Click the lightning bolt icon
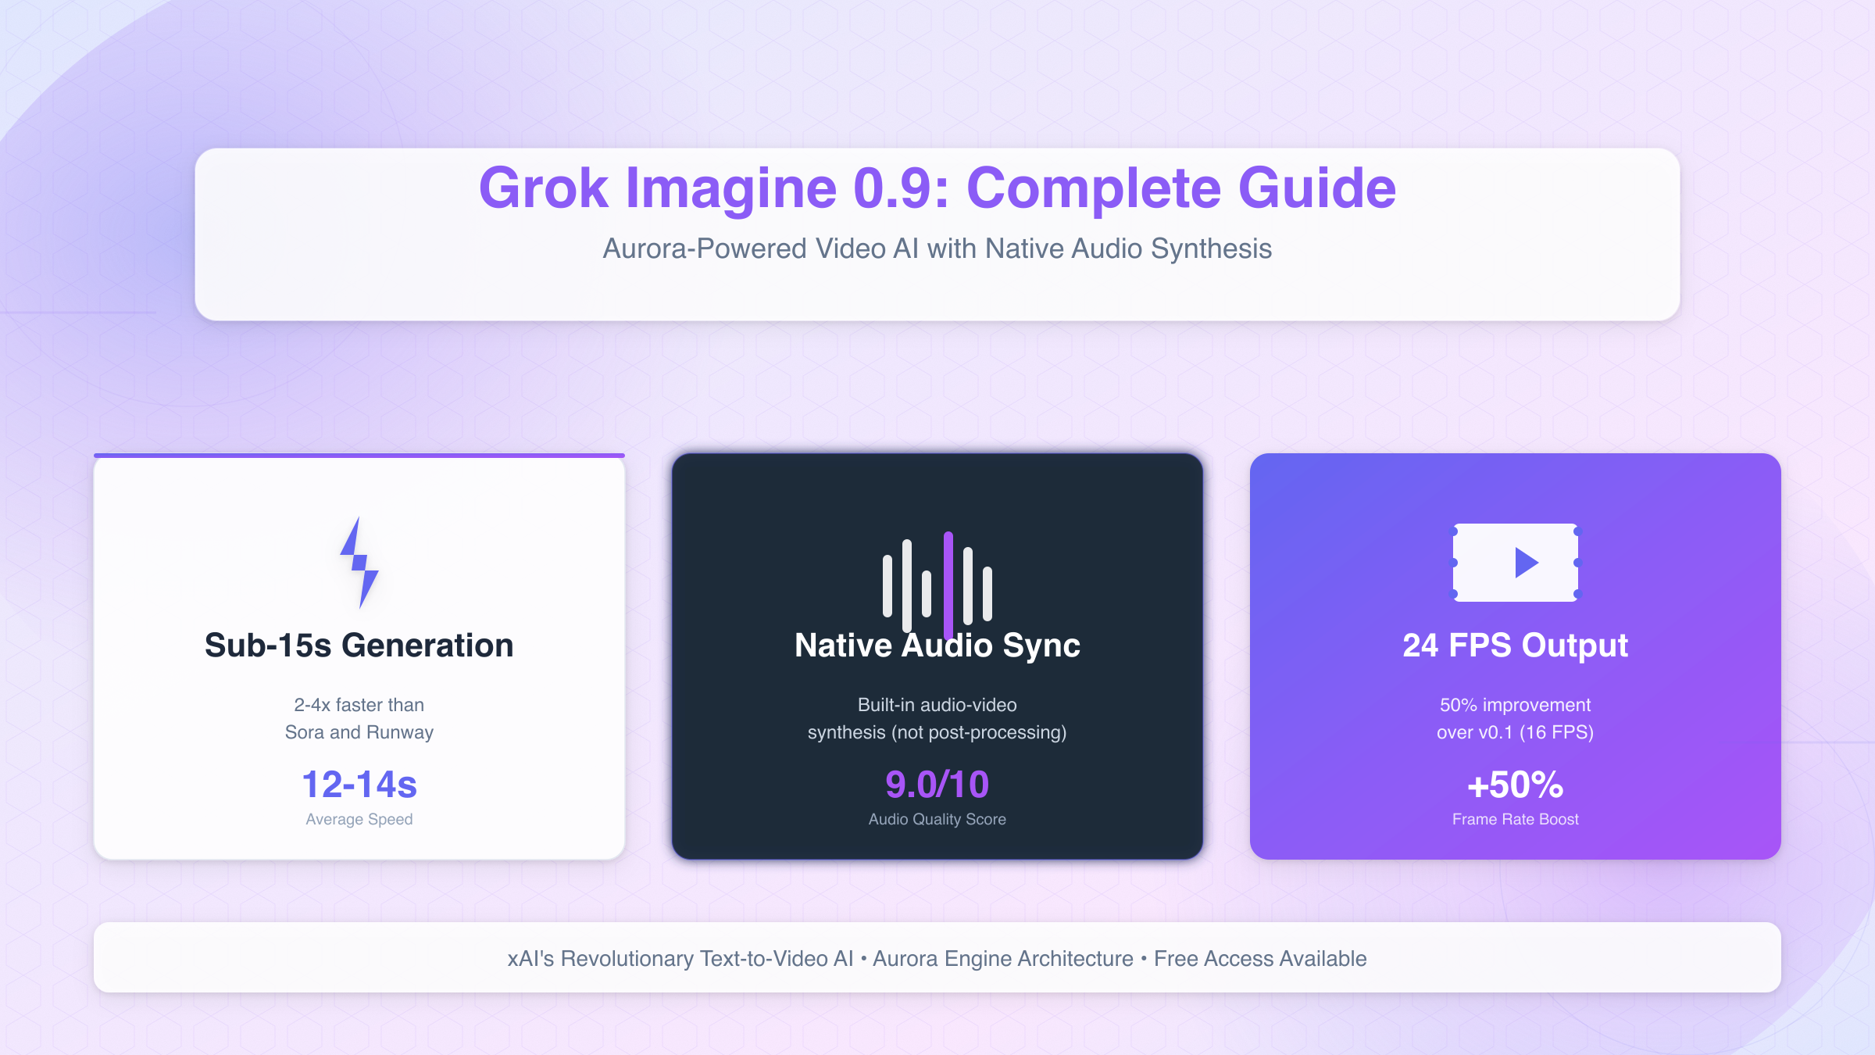(359, 563)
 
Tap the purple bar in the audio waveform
(948, 585)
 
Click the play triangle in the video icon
(1526, 563)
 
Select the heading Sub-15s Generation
(359, 646)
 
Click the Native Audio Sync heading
(937, 646)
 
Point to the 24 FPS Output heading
(1516, 646)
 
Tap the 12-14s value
(359, 785)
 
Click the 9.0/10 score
(937, 785)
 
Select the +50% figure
(1516, 785)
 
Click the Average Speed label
(359, 819)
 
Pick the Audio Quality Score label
(937, 819)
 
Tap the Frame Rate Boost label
(1516, 819)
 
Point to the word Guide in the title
(1317, 188)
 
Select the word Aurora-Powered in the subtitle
(705, 249)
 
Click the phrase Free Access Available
(1260, 958)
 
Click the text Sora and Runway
(359, 732)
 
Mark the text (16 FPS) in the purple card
(1557, 732)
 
